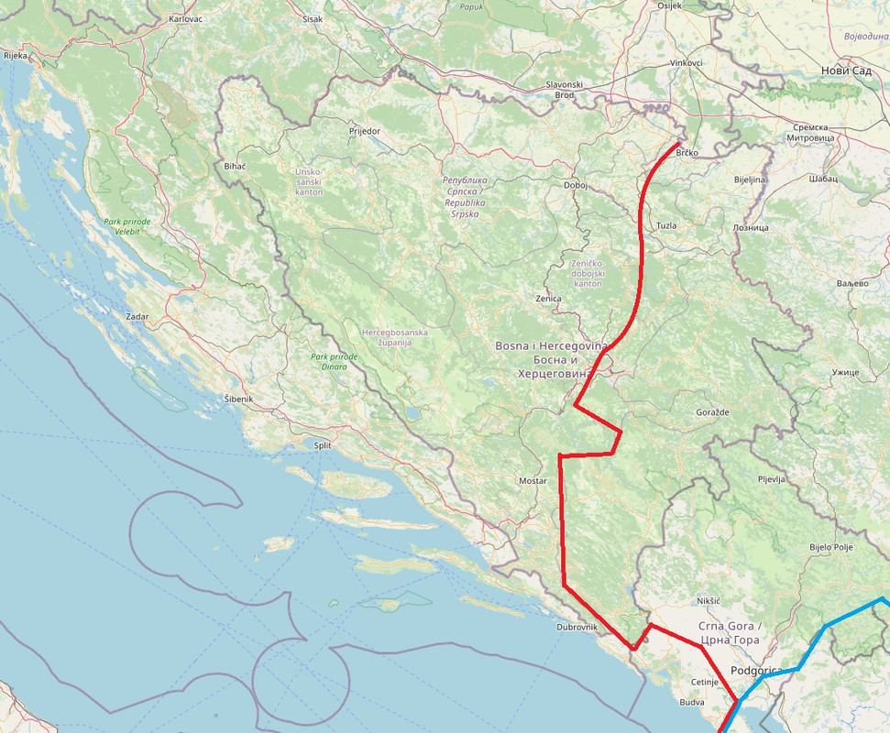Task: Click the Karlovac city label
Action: (x=186, y=18)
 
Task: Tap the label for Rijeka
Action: (x=16, y=55)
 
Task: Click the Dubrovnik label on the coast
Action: (x=577, y=627)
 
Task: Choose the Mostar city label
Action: (x=533, y=480)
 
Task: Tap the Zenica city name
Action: (x=548, y=299)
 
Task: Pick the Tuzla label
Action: (x=666, y=225)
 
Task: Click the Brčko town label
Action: (x=687, y=152)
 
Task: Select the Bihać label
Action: (x=235, y=167)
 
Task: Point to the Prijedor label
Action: (x=364, y=131)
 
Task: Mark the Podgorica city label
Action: (x=757, y=671)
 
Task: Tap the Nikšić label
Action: (x=710, y=600)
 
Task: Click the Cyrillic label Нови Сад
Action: (x=846, y=71)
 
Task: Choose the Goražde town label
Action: (x=712, y=412)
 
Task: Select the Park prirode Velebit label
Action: (x=127, y=226)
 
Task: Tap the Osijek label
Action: (x=670, y=5)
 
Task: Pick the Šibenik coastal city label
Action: (x=238, y=399)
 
